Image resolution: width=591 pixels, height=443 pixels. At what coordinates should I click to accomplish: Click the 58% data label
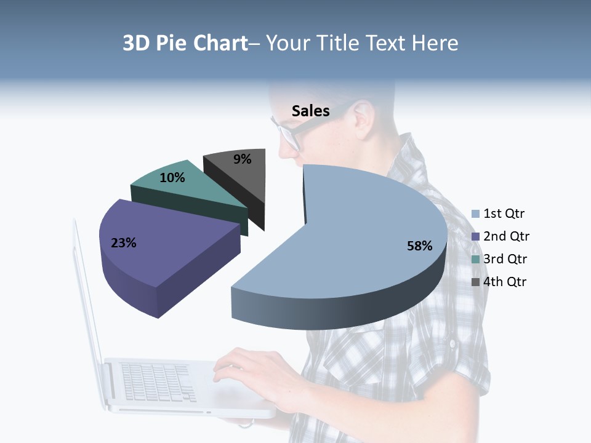[x=419, y=246]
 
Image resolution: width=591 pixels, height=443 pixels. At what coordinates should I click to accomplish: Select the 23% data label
[x=123, y=243]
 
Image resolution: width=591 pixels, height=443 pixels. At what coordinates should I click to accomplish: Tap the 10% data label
[x=172, y=178]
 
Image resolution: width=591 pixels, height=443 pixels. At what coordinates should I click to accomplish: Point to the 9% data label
[x=243, y=159]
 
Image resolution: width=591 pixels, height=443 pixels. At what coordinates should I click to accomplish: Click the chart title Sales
[x=310, y=111]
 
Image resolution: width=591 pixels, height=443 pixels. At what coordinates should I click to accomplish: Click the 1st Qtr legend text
[x=504, y=214]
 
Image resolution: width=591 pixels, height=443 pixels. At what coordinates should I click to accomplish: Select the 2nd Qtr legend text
[x=506, y=236]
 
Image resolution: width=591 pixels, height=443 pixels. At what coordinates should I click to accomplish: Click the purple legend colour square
[x=475, y=237]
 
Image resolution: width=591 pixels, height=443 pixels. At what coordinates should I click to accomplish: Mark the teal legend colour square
[x=475, y=259]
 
